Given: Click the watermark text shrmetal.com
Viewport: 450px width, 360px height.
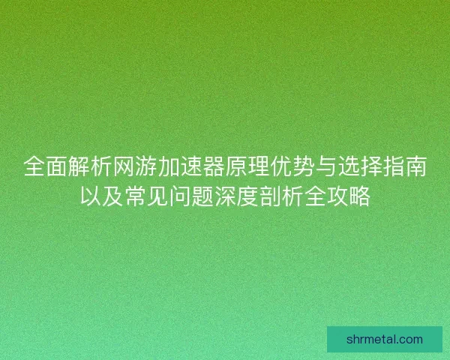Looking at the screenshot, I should (385, 339).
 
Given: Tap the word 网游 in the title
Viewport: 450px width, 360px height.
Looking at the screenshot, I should (133, 167).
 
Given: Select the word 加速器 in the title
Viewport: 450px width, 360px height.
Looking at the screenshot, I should (194, 167).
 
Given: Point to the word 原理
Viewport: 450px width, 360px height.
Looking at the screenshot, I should (255, 167).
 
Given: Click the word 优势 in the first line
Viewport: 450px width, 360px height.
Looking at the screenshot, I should (295, 167).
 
